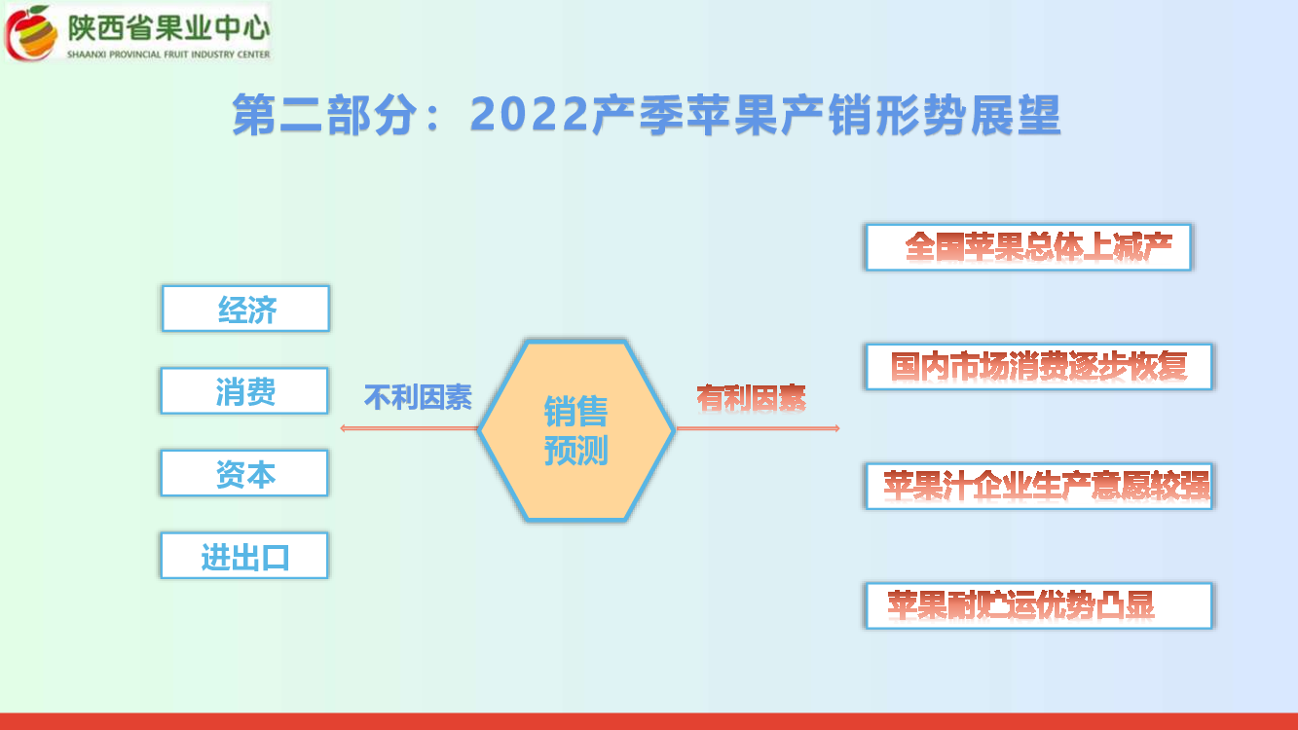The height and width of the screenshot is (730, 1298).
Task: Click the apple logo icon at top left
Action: pos(32,32)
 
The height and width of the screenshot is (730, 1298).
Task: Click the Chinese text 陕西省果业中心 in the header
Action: pos(168,28)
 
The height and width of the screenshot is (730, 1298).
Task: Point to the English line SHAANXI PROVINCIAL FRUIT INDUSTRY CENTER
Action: pos(168,55)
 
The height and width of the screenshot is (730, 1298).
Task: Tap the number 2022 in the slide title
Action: pos(530,114)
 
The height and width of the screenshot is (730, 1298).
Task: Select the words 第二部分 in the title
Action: pos(324,115)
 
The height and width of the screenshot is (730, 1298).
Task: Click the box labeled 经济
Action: pos(245,309)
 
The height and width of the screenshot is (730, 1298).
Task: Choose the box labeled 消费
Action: pos(244,390)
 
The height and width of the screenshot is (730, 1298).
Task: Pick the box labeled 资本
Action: pos(244,473)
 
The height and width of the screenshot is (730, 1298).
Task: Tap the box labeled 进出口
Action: pos(244,555)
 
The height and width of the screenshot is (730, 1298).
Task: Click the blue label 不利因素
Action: pos(418,397)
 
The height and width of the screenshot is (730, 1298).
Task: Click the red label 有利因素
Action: pos(751,398)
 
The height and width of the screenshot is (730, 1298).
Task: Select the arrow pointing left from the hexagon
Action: pos(409,428)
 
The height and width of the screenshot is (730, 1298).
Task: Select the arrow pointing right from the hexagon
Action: pos(758,428)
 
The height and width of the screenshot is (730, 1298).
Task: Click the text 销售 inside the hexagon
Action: pos(575,412)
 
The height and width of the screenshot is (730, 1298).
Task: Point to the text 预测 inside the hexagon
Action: pos(575,450)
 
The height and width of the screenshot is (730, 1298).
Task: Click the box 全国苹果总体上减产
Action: pos(1028,247)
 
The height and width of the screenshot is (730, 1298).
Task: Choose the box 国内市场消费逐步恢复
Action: pos(1039,367)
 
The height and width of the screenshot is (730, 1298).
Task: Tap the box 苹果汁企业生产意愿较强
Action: pos(1039,486)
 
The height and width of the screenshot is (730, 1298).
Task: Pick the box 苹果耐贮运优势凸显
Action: pos(1039,605)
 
